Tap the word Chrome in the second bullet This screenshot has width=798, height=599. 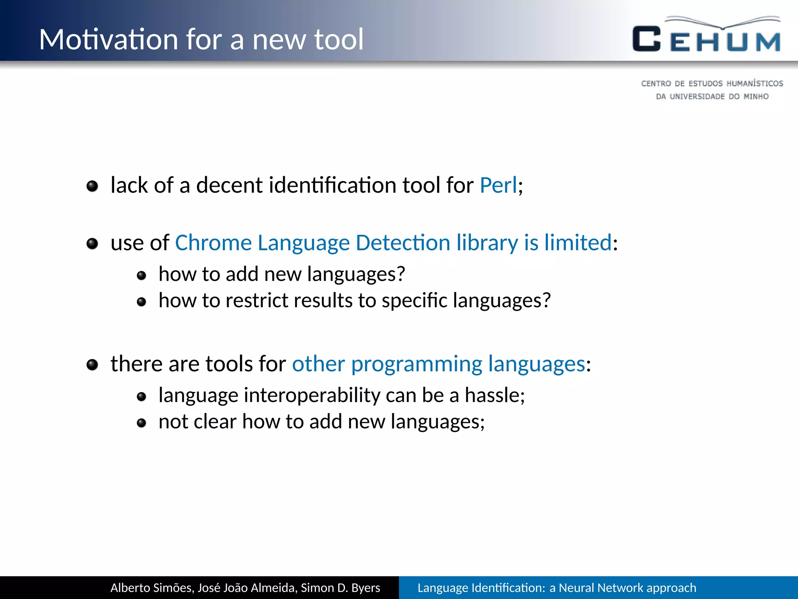pyautogui.click(x=214, y=243)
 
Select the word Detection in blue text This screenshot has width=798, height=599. pyautogui.click(x=403, y=243)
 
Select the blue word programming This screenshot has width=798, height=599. pyautogui.click(x=417, y=364)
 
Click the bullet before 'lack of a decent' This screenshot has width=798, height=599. pyautogui.click(x=92, y=186)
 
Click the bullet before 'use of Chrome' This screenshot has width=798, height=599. pyautogui.click(x=92, y=244)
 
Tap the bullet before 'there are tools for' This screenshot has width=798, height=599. pyautogui.click(x=92, y=365)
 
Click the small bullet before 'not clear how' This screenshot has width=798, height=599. pyautogui.click(x=141, y=423)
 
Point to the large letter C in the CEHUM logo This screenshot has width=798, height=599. pyautogui.click(x=646, y=39)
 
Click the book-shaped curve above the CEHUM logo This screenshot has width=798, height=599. pyautogui.click(x=723, y=23)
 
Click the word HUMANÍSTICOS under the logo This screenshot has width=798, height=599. pyautogui.click(x=754, y=83)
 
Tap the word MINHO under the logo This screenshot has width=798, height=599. pyautogui.click(x=756, y=96)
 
